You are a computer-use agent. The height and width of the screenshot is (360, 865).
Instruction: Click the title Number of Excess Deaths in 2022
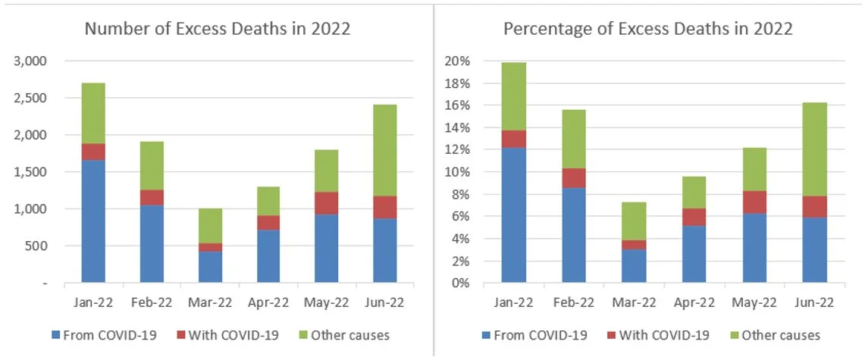click(217, 30)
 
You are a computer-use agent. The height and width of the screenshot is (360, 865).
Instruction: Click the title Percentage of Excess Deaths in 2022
click(648, 30)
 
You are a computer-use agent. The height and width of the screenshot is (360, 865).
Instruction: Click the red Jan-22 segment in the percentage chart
click(514, 139)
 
